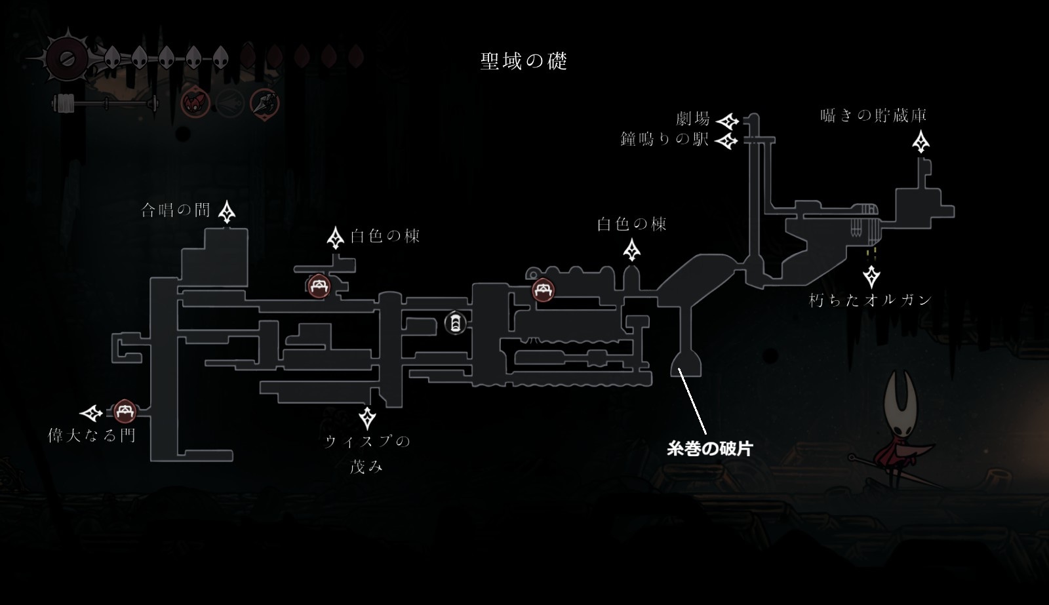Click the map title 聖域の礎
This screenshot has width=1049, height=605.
pos(523,61)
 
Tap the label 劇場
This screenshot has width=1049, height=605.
pos(693,119)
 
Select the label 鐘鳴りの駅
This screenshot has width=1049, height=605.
pos(665,139)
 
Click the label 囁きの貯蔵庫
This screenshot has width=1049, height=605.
pos(873,115)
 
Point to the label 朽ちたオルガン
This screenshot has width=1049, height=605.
pos(870,300)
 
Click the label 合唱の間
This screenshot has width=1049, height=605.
pos(176,210)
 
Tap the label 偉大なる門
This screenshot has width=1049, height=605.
pos(92,435)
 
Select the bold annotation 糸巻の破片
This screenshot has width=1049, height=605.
pos(709,449)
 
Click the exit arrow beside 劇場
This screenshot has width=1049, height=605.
pos(727,121)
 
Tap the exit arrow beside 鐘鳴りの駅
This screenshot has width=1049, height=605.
pos(726,140)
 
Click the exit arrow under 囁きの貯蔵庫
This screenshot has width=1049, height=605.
pos(921,142)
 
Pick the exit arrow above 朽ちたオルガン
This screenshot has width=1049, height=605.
pos(871,276)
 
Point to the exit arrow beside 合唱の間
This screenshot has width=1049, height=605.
pos(228,211)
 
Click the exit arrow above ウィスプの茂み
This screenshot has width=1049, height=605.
pos(367,418)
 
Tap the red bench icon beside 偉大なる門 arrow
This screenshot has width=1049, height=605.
pos(124,412)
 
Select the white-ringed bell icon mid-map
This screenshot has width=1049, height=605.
pos(455,322)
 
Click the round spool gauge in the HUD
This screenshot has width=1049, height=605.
pos(66,58)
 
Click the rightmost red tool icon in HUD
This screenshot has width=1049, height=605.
pos(264,103)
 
